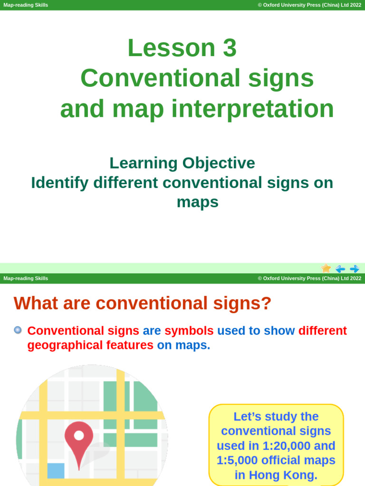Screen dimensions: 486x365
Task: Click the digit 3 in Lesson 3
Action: (228, 48)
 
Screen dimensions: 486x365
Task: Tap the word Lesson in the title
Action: (172, 48)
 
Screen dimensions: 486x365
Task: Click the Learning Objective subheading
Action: (182, 163)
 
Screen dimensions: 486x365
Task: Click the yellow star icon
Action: (326, 268)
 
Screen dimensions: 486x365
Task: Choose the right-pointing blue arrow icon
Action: (355, 269)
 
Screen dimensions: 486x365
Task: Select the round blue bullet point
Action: (18, 330)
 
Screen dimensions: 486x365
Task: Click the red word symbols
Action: (189, 331)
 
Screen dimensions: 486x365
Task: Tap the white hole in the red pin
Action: (79, 435)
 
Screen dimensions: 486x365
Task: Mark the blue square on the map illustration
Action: (56, 471)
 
